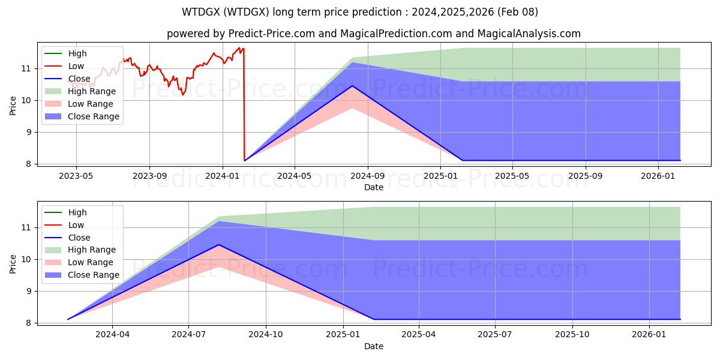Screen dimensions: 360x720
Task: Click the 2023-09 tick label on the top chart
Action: coord(149,176)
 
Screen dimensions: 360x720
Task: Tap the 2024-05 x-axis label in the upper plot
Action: coord(295,176)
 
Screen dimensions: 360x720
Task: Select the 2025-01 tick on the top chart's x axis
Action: coord(440,176)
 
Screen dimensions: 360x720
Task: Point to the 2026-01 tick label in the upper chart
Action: coord(658,176)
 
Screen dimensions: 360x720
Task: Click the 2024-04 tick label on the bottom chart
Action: coord(112,335)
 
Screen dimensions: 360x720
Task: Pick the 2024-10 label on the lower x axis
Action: coord(266,335)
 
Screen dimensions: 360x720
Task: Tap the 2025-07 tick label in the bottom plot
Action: coord(496,335)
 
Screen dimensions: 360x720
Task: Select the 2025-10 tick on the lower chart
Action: coord(572,335)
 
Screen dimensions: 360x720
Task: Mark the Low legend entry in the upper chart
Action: coord(76,66)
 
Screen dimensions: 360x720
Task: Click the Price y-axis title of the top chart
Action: coord(13,106)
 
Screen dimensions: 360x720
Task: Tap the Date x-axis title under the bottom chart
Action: coord(374,346)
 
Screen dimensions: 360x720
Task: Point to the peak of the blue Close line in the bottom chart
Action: coord(218,245)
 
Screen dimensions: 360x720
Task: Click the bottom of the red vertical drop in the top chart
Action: coord(245,160)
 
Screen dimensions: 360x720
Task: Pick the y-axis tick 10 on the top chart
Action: coord(27,100)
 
